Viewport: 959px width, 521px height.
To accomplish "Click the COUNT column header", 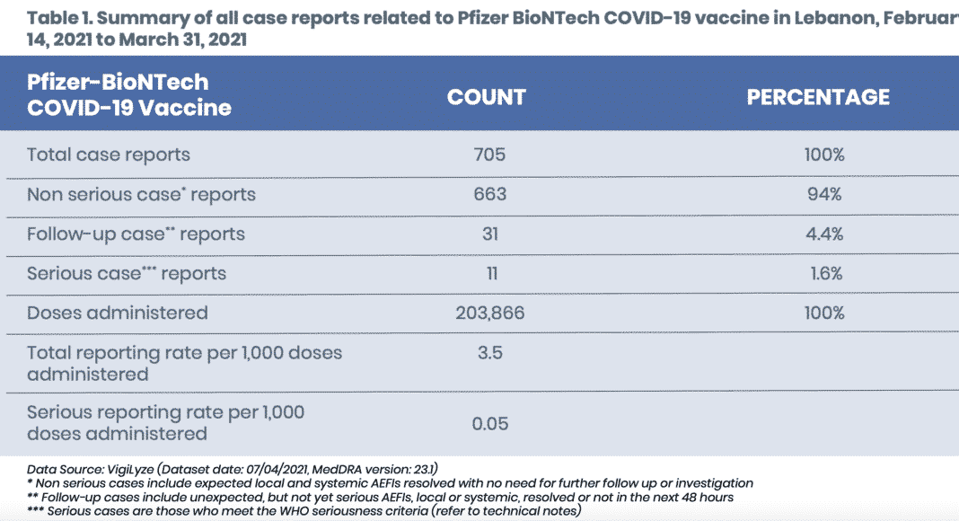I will coord(487,97).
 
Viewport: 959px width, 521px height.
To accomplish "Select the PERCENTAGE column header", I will coord(818,97).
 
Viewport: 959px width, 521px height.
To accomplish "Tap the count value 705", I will coord(489,155).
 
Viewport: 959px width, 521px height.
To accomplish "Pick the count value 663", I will coord(489,194).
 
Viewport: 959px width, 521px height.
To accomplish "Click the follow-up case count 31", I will coord(489,234).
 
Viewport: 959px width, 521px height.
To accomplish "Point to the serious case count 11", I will coord(489,273).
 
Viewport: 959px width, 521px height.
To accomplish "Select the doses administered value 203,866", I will coord(489,313).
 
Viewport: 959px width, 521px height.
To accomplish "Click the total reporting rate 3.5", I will coord(489,352).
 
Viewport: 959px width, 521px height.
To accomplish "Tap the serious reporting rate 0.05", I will coord(490,423).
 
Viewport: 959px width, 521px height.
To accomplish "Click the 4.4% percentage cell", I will coord(823,234).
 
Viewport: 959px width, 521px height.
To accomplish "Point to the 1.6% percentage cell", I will coord(823,273).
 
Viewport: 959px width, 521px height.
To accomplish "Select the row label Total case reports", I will coord(109,155).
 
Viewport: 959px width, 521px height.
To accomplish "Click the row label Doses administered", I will coord(117,313).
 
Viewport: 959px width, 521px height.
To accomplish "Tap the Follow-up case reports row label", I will coord(136,234).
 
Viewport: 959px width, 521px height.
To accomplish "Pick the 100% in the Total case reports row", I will coord(823,155).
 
